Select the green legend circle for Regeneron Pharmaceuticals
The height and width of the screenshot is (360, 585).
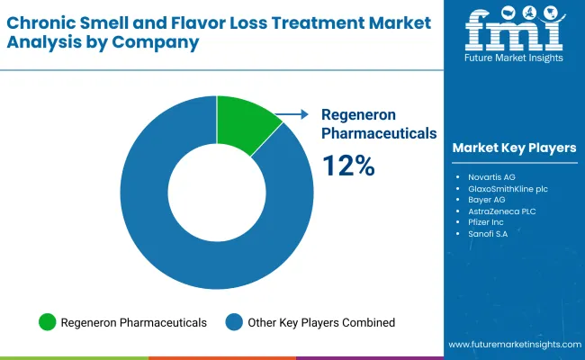point(47,322)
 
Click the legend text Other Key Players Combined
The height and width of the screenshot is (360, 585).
point(321,322)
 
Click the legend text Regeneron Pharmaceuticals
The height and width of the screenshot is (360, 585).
point(134,322)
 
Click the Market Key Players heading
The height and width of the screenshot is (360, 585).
point(514,148)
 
